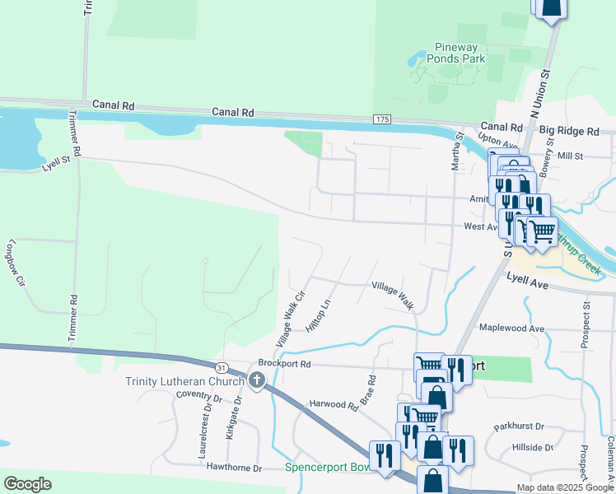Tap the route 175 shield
[x=381, y=119]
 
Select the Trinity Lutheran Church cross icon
[x=257, y=380]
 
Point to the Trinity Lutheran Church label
[x=184, y=380]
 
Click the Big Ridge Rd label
[x=569, y=131]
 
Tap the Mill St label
[x=569, y=155]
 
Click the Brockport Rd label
[x=284, y=362]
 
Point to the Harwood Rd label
[x=334, y=405]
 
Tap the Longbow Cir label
[x=16, y=263]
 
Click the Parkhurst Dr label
[x=519, y=426]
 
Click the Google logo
[x=27, y=484]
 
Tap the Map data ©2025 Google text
[x=563, y=487]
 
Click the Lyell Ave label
[x=527, y=282]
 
